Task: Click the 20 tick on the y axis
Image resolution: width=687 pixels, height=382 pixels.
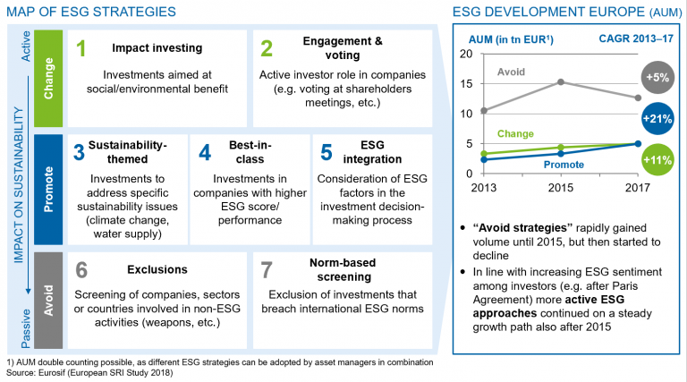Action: tap(466, 54)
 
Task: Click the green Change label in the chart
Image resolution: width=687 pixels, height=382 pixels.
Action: tap(514, 134)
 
